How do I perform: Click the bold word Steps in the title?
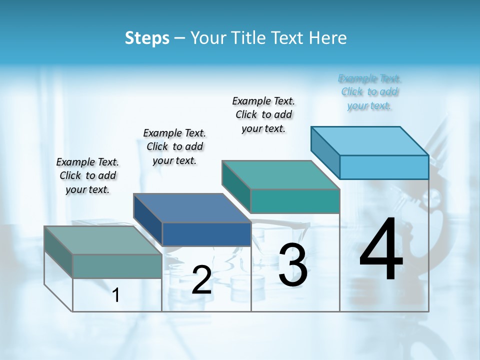tap(147, 38)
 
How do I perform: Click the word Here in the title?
tap(328, 38)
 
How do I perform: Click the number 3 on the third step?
tap(293, 265)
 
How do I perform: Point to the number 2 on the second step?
tap(201, 280)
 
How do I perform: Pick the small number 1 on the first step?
tap(116, 295)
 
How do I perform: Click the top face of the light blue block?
tap(370, 140)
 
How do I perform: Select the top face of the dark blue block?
tap(192, 208)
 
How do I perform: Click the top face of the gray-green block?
tap(103, 240)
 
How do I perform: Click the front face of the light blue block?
tap(384, 167)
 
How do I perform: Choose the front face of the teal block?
tap(295, 201)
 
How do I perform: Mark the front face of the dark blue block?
tap(206, 234)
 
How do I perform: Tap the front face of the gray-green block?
tap(117, 266)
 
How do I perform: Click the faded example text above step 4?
tap(369, 92)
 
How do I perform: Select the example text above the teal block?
tap(263, 114)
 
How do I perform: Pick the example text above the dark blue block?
tap(174, 146)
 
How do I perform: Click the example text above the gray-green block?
tap(87, 175)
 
